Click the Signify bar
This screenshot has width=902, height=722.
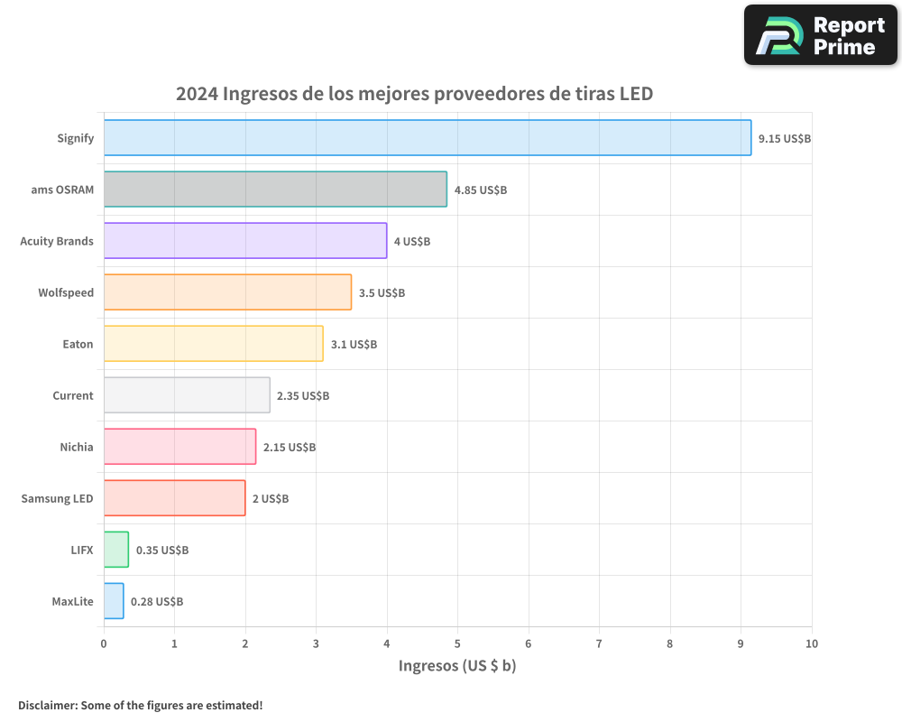click(428, 138)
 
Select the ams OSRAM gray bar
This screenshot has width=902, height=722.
click(275, 190)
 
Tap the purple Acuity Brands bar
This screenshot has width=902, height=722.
click(245, 241)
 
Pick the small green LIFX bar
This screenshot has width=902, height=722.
click(116, 550)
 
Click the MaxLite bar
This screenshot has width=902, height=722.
click(114, 601)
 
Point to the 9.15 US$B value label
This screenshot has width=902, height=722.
click(785, 139)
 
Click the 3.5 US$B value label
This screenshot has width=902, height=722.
click(382, 293)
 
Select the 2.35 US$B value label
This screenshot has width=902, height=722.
click(303, 396)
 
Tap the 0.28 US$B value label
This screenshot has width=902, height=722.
click(157, 602)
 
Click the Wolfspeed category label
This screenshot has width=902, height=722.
click(66, 293)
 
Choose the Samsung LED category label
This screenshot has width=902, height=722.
click(57, 499)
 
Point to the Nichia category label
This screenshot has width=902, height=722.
click(77, 448)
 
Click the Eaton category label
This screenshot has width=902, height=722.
click(78, 345)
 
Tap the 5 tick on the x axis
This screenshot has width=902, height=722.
click(457, 643)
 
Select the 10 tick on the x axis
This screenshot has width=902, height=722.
click(811, 643)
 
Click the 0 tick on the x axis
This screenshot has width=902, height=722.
click(104, 643)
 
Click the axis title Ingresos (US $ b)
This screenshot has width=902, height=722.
click(457, 667)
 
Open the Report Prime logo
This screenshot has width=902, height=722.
click(821, 35)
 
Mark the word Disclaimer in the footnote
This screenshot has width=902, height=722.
click(47, 705)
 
